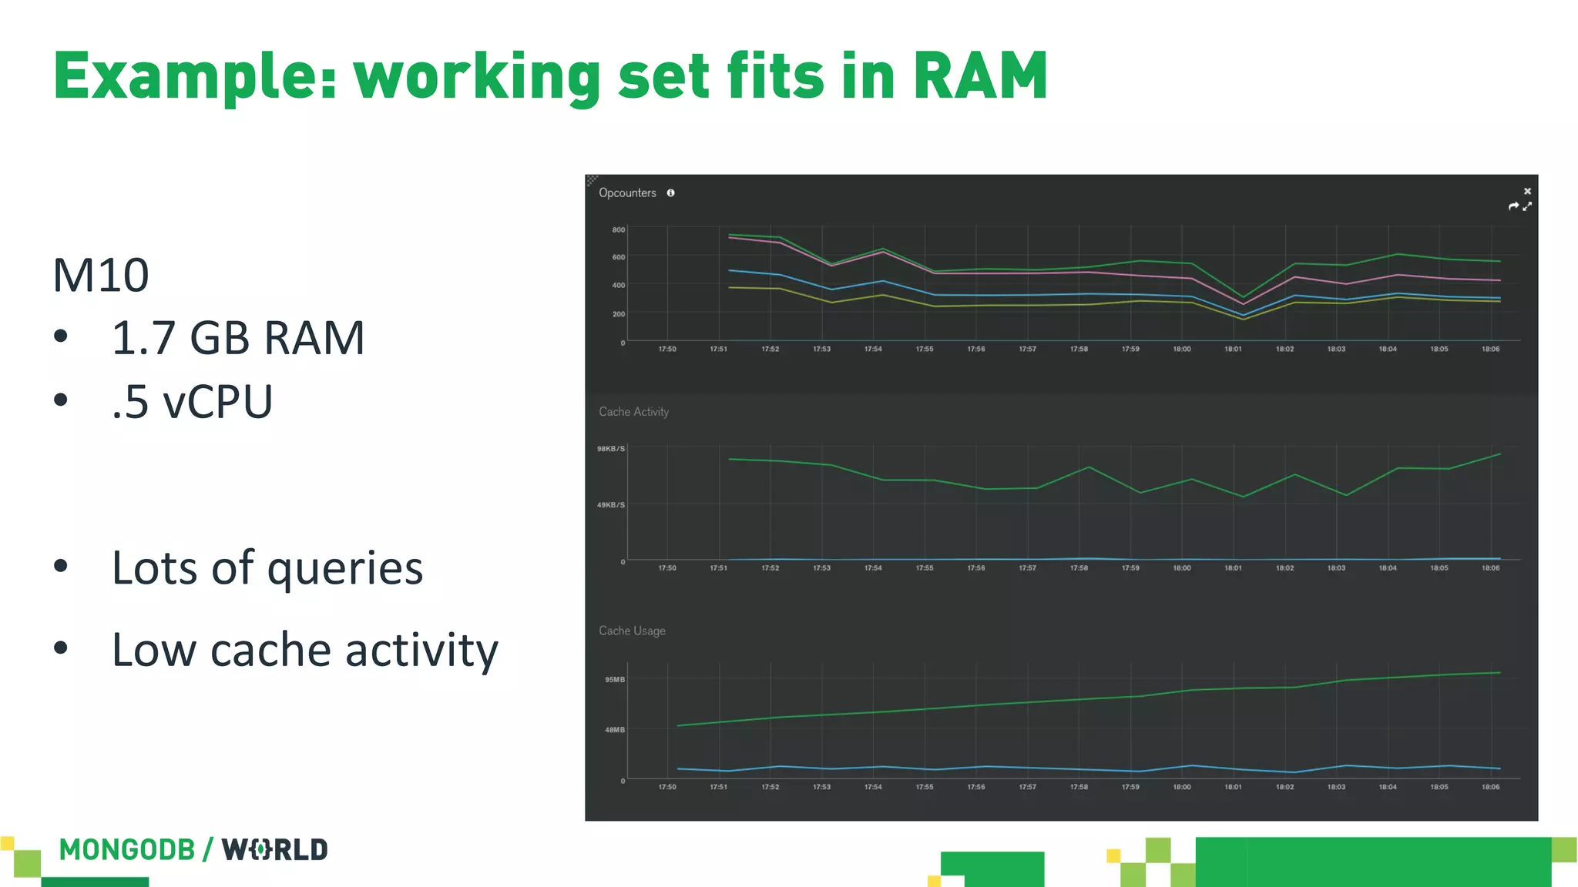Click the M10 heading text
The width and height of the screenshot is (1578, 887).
click(101, 276)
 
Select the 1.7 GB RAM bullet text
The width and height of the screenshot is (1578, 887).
click(237, 338)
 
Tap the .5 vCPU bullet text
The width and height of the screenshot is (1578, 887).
click(192, 402)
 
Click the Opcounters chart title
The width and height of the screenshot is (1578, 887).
click(627, 193)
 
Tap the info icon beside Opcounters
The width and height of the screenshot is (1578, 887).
click(671, 193)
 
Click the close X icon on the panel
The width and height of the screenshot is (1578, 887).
click(1527, 191)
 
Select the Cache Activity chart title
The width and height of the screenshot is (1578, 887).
click(633, 412)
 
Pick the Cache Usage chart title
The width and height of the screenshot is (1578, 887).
click(632, 631)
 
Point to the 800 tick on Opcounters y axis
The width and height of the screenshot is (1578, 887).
click(619, 229)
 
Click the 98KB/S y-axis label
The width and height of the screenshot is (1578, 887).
click(611, 449)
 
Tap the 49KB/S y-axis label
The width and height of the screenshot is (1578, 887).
click(611, 505)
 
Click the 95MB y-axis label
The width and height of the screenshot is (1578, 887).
click(615, 680)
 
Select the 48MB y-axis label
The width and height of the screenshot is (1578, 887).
click(615, 730)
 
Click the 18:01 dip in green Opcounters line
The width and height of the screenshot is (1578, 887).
click(1242, 297)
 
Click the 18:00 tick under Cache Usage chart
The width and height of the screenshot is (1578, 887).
click(1182, 787)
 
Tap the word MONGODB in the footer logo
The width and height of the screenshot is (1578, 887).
click(127, 850)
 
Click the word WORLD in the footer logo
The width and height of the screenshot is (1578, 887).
click(275, 850)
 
